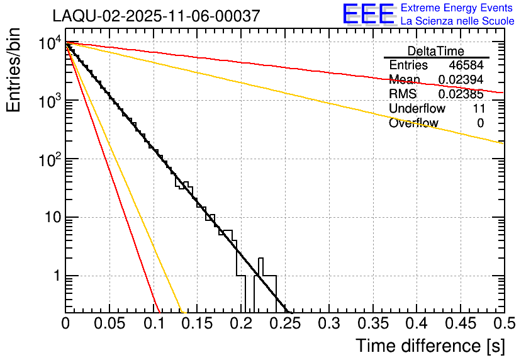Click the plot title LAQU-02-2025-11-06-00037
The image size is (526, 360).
pyautogui.click(x=156, y=16)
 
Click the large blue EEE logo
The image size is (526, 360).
pyautogui.click(x=368, y=14)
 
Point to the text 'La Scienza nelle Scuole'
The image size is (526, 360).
pyautogui.click(x=457, y=21)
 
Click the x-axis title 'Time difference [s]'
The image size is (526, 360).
pyautogui.click(x=428, y=346)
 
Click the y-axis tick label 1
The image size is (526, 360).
pyautogui.click(x=56, y=276)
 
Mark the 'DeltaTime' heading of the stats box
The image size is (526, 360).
pyautogui.click(x=436, y=51)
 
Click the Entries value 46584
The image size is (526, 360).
pyautogui.click(x=466, y=65)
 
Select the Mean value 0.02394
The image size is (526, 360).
pyautogui.click(x=461, y=80)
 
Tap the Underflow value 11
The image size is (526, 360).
pyautogui.click(x=478, y=109)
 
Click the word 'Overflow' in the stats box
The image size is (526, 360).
pyautogui.click(x=413, y=123)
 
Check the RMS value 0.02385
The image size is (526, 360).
pyautogui.click(x=461, y=94)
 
